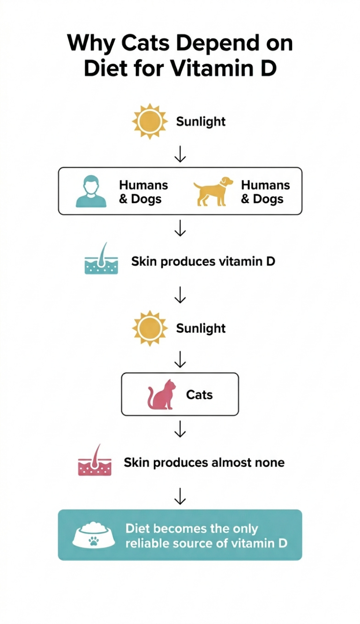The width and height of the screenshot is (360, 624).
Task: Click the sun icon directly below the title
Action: point(150,122)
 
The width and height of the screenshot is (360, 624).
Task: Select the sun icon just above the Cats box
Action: point(150,328)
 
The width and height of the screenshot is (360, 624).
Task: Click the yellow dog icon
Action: point(213,191)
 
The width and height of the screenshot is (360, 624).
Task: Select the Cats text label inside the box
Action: point(199,395)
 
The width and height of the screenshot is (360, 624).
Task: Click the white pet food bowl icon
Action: point(94,535)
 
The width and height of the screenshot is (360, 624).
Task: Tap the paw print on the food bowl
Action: point(94,540)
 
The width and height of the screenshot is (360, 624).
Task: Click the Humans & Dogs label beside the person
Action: point(143,192)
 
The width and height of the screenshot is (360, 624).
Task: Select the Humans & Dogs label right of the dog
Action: point(265,192)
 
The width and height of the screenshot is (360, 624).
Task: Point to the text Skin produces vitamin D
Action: point(203,261)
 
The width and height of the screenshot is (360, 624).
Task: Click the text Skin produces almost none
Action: point(204,463)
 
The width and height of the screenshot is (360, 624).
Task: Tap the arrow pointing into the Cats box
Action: point(180,360)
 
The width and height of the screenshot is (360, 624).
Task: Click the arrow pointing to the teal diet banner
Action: point(180,496)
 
